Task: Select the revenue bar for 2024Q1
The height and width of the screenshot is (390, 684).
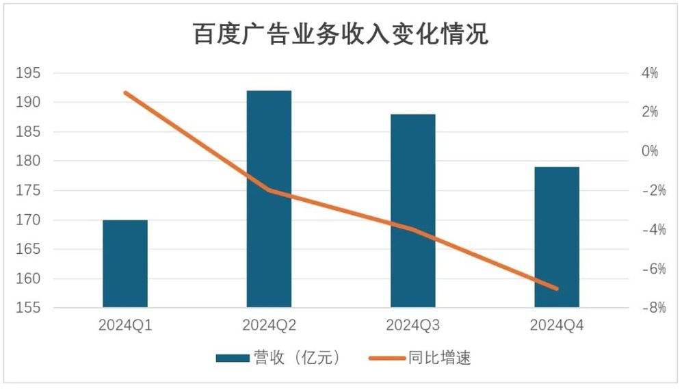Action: (x=125, y=263)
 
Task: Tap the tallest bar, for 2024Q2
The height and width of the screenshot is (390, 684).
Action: (x=269, y=198)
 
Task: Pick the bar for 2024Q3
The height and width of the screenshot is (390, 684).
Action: (x=412, y=211)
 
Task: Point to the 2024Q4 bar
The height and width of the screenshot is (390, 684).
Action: (x=557, y=237)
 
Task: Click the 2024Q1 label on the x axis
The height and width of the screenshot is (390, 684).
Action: (x=125, y=326)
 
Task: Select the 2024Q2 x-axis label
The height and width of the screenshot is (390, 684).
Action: (x=269, y=326)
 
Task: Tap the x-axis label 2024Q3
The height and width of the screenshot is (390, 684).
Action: (x=412, y=326)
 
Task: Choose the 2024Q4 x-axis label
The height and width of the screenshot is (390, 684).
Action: (x=557, y=326)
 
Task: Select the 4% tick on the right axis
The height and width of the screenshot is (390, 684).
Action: (x=648, y=73)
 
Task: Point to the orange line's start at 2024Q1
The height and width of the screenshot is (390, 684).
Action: (x=125, y=92)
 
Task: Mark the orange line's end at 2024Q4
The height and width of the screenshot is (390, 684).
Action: (x=557, y=289)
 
